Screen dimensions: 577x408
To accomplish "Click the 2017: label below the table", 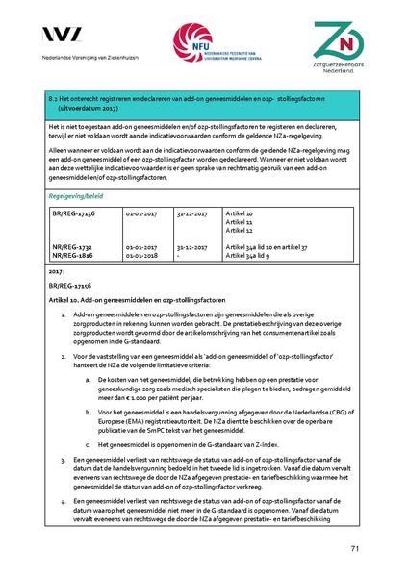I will pos(54,273).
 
